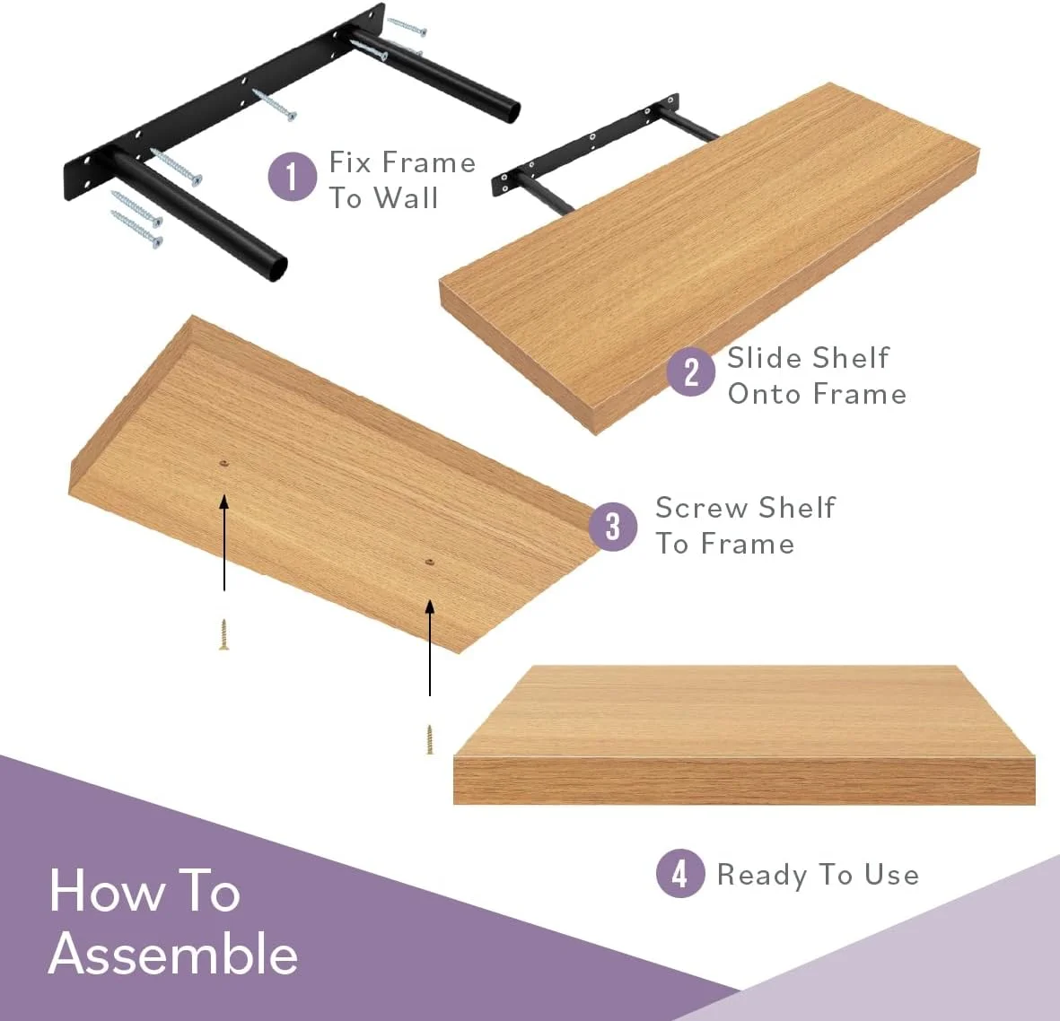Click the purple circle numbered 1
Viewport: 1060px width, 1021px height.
click(292, 177)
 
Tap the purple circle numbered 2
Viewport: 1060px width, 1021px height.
click(691, 371)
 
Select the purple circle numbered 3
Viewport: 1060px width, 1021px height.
click(612, 527)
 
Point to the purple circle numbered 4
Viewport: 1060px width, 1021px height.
click(680, 873)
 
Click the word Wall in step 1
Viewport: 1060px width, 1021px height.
click(406, 198)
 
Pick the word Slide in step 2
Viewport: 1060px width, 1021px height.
click(765, 358)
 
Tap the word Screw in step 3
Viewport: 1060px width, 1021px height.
click(703, 508)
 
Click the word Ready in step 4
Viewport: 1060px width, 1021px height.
click(762, 876)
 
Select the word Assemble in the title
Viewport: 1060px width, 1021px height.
click(173, 954)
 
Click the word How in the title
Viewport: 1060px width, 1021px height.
click(107, 891)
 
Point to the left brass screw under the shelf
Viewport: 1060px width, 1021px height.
click(223, 634)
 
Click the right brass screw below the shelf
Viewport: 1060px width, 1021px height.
click(429, 739)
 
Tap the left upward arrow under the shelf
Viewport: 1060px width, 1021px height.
click(223, 543)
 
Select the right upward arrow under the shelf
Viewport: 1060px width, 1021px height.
click(430, 648)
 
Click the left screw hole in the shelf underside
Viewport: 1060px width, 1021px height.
click(223, 464)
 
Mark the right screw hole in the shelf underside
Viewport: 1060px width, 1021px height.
click(429, 563)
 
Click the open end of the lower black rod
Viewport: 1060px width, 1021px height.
click(275, 266)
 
